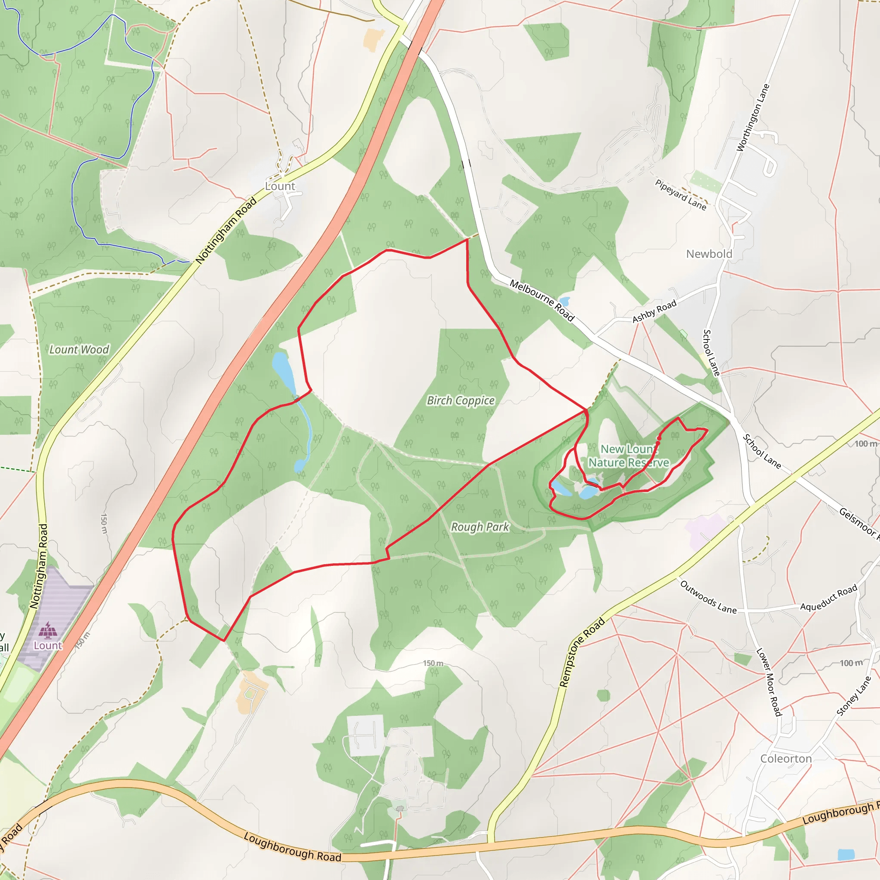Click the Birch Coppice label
click(x=461, y=400)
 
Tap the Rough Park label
click(x=480, y=527)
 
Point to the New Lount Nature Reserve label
click(x=629, y=456)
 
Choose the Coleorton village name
click(x=786, y=758)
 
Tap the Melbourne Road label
click(x=542, y=300)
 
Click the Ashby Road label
click(x=654, y=312)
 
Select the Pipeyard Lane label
click(x=681, y=195)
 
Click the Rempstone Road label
click(x=582, y=652)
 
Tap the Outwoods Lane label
click(x=708, y=597)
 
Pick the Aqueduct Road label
click(x=828, y=598)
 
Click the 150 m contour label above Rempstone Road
click(x=433, y=663)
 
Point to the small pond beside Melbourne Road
click(x=564, y=301)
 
